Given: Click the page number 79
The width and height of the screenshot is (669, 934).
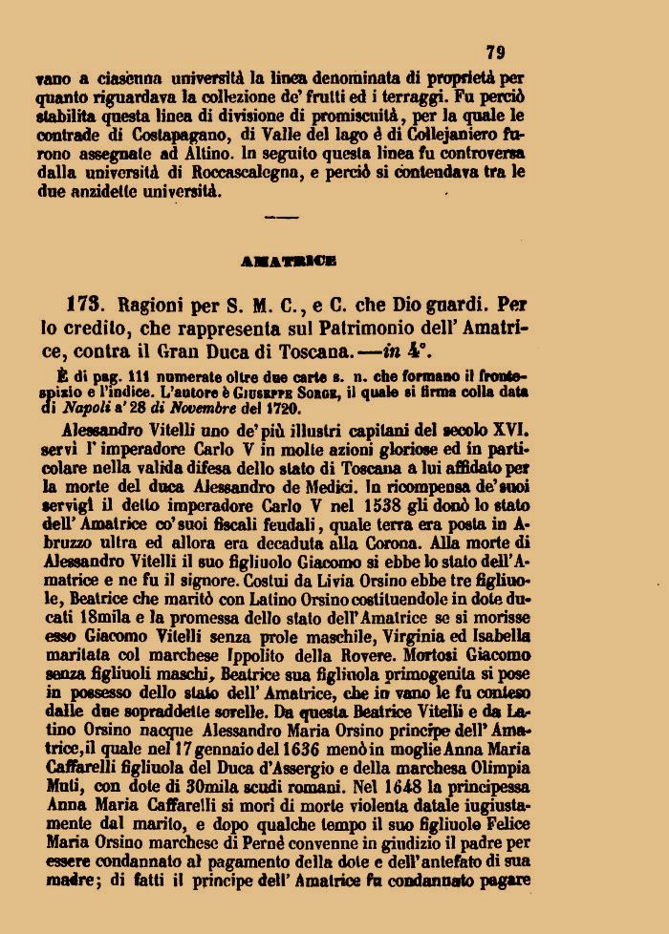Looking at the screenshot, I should [495, 53].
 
